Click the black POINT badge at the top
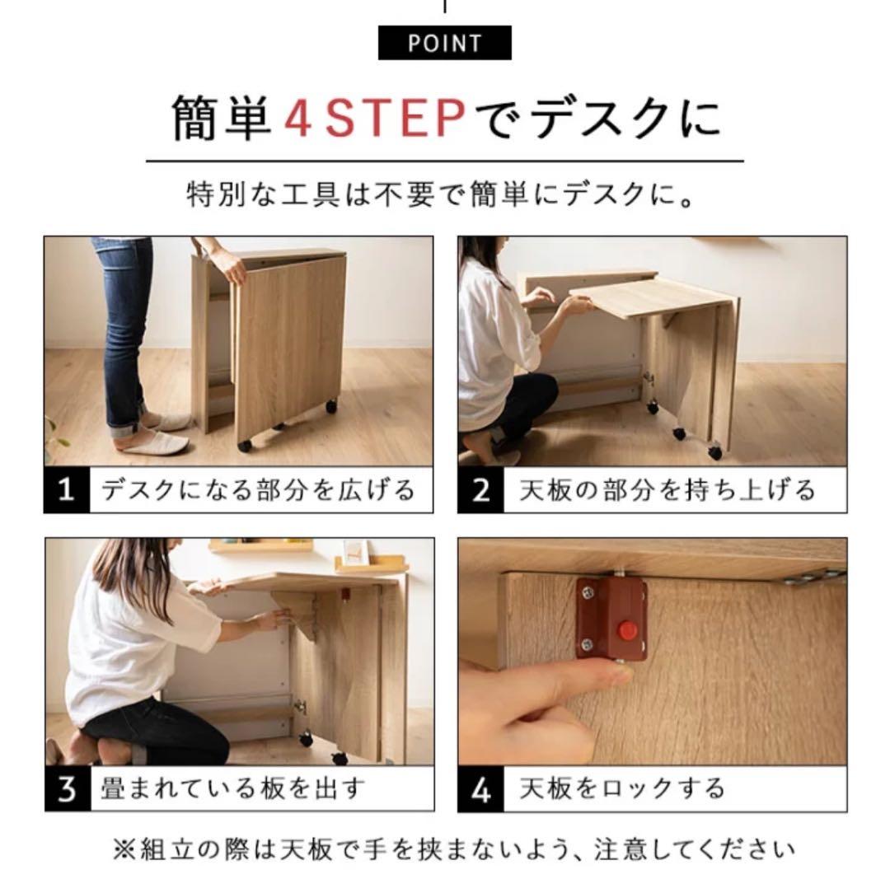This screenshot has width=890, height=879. (444, 43)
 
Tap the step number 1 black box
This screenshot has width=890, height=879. (67, 490)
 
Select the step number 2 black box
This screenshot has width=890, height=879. (480, 490)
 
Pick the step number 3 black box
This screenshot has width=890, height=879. (67, 788)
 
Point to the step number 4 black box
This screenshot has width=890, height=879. (480, 788)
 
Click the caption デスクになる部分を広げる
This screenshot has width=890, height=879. (258, 490)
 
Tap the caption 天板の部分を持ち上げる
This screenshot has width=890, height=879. (667, 490)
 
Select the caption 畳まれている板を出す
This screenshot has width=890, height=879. (232, 788)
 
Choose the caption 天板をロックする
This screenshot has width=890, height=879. (622, 788)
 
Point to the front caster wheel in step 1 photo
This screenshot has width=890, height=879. (245, 445)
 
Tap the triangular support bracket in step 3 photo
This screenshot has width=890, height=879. (301, 618)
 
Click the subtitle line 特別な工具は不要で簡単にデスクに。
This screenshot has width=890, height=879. (444, 197)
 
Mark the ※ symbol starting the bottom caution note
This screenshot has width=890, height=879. (124, 849)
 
